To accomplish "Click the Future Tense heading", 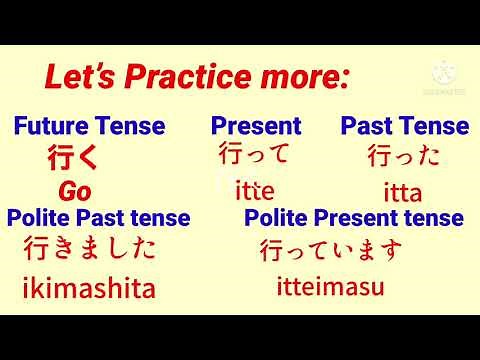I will click(89, 126).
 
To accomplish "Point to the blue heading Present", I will click(255, 126).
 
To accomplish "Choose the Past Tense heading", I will click(404, 126).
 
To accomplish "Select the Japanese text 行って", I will click(254, 155).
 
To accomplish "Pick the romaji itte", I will click(254, 190).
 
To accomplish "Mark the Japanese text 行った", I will click(403, 156).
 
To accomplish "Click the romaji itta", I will click(403, 192).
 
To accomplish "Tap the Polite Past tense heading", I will click(98, 218).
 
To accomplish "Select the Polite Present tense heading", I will click(354, 218).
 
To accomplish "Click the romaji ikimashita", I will click(89, 290).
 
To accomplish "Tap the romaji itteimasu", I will click(330, 288).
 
